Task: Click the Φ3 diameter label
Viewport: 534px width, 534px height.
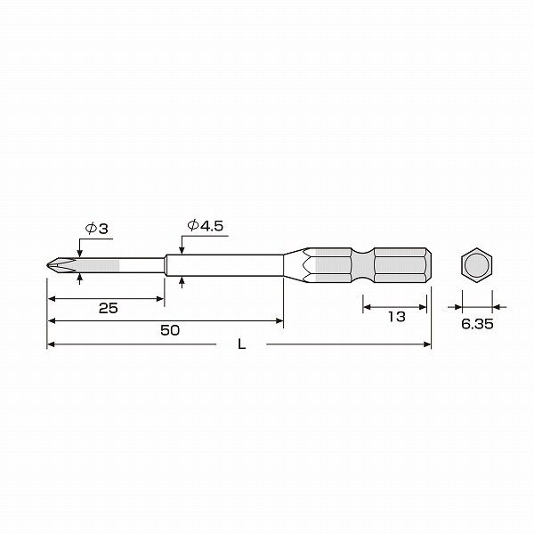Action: coord(96,229)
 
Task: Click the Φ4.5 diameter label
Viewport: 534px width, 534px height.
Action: coord(206,225)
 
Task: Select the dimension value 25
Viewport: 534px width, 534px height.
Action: coord(109,308)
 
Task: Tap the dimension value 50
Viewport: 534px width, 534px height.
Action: coord(170,330)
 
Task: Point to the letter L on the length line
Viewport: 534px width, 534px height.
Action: coord(241,344)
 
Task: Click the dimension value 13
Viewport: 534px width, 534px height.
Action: coord(397,317)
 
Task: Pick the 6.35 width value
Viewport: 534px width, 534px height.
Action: coord(477,324)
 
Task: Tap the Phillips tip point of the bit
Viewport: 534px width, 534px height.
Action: coord(48,265)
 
